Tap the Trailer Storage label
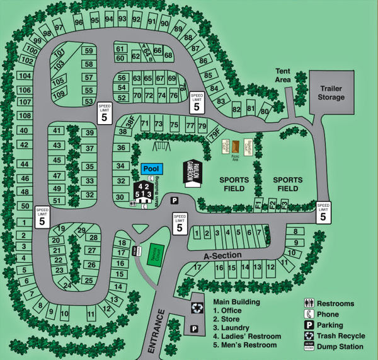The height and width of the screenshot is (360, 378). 331,93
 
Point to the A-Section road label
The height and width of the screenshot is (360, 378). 222,257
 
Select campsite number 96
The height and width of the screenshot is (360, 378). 79,22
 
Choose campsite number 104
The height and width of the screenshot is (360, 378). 25,76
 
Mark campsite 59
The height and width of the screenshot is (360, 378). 89,51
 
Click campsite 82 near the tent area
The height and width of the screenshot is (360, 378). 237,110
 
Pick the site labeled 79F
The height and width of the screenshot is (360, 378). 215,134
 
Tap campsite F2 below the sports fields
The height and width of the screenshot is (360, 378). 272,204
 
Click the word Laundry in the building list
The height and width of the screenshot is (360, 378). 237,328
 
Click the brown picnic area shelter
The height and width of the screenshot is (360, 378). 236,148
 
